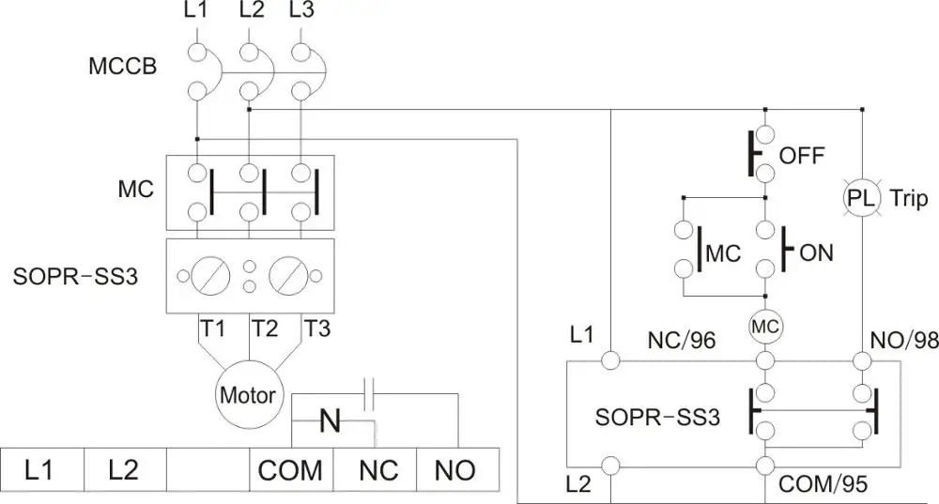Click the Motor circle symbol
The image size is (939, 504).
coord(248,394)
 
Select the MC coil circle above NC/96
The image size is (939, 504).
coord(765,327)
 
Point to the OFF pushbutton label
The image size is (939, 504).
coord(802,155)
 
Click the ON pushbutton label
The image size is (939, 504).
coord(815,252)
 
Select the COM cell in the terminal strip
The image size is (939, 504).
coord(290,470)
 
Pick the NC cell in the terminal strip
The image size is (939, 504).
coord(377,470)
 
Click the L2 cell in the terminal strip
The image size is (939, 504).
coord(124,470)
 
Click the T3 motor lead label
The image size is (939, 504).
coord(316,328)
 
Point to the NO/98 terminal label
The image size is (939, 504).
coord(901,341)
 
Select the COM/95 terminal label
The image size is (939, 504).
coord(823,485)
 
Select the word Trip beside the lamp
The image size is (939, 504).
coord(908,198)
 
